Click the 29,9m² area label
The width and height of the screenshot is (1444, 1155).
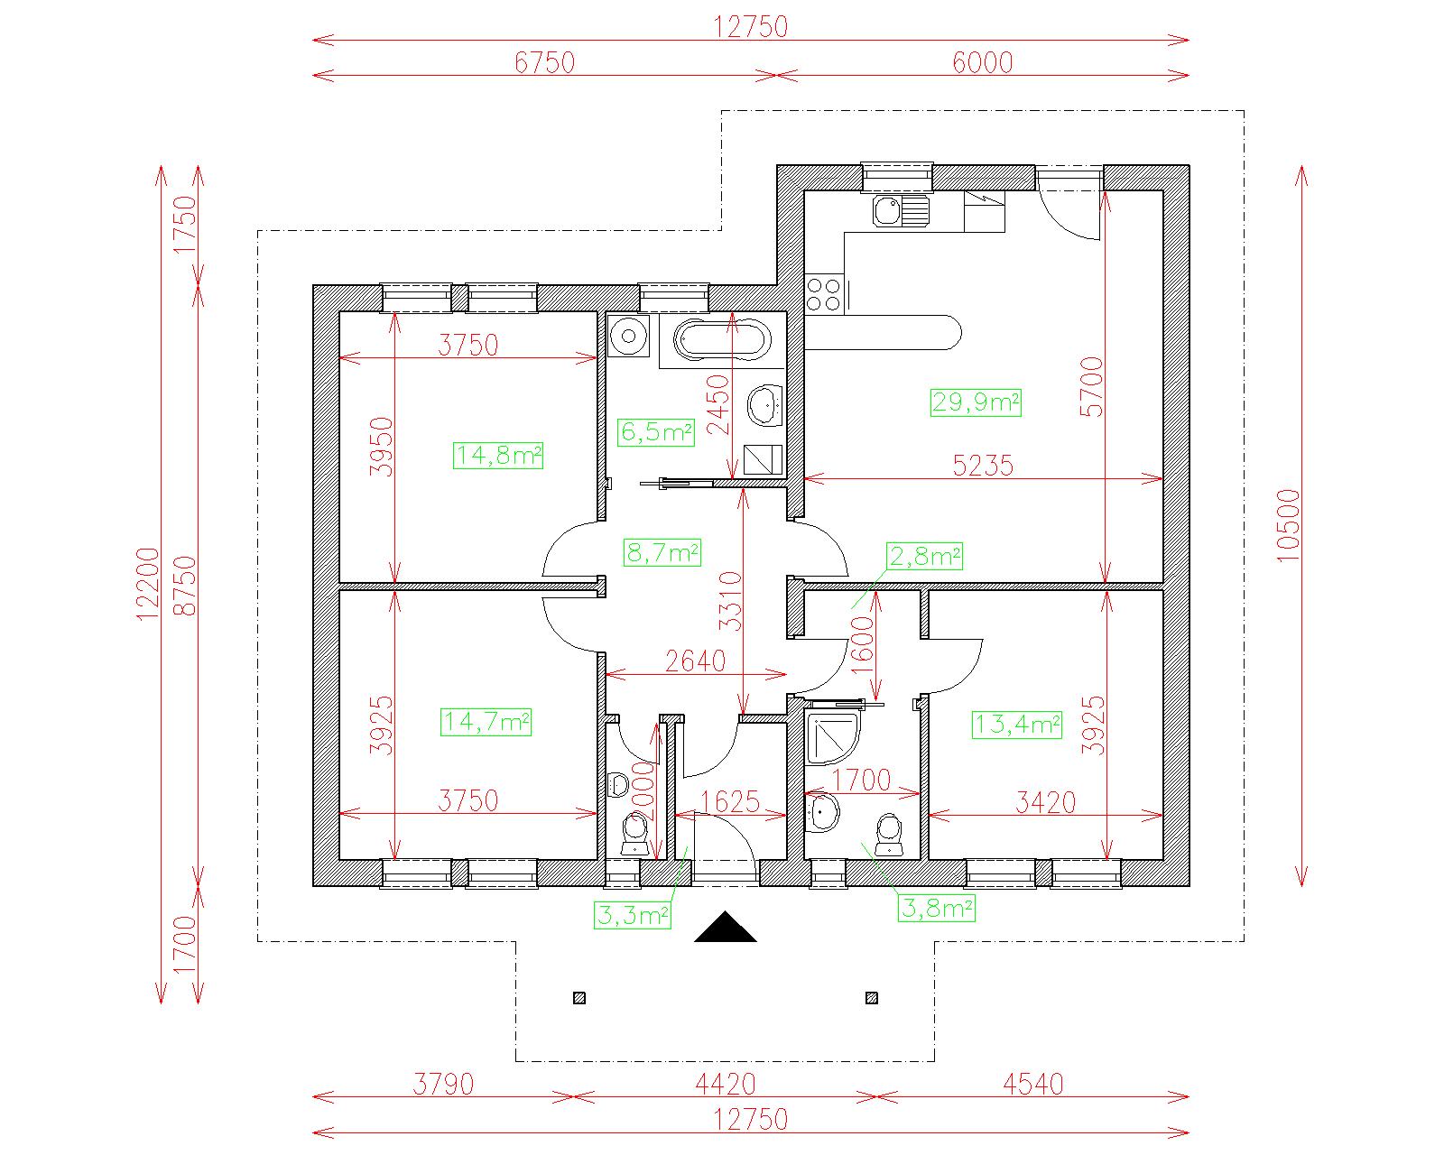tap(976, 402)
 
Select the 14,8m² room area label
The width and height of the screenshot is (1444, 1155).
tap(498, 456)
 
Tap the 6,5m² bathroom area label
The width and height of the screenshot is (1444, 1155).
tap(656, 432)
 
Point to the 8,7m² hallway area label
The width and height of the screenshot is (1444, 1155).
tap(662, 553)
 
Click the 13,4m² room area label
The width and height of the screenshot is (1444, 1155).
tap(1017, 725)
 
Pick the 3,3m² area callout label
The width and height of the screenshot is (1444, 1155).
tap(632, 915)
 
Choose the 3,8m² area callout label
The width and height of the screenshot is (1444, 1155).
tap(937, 908)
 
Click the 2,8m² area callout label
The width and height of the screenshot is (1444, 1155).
tap(925, 557)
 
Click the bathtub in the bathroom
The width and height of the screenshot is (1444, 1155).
tap(722, 341)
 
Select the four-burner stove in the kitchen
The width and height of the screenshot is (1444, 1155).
tap(824, 295)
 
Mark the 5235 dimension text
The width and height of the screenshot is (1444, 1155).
tap(983, 466)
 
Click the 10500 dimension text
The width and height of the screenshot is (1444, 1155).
tap(1289, 525)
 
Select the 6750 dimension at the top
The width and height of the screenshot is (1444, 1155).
tap(545, 62)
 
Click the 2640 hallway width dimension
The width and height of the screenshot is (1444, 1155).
tap(695, 661)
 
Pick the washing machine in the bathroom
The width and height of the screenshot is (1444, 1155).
tap(629, 336)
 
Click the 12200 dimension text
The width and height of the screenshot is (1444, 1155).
tap(148, 585)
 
